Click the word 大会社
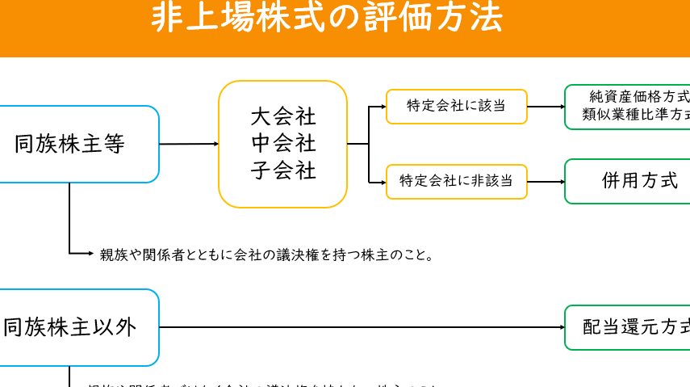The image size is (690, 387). (283, 116)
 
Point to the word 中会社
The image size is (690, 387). (283, 144)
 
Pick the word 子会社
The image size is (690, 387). (283, 171)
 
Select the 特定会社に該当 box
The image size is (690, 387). (456, 106)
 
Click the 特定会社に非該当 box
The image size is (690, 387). (456, 182)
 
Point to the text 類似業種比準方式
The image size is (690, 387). (638, 116)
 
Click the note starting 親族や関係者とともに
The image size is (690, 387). (267, 255)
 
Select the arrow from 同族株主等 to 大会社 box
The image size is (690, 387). (189, 144)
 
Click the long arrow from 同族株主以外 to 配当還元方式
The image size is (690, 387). (363, 327)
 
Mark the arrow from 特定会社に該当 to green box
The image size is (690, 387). (546, 106)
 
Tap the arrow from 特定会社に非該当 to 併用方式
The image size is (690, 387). (546, 182)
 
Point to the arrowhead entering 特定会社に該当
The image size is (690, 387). (383, 106)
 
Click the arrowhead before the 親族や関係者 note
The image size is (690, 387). (90, 254)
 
